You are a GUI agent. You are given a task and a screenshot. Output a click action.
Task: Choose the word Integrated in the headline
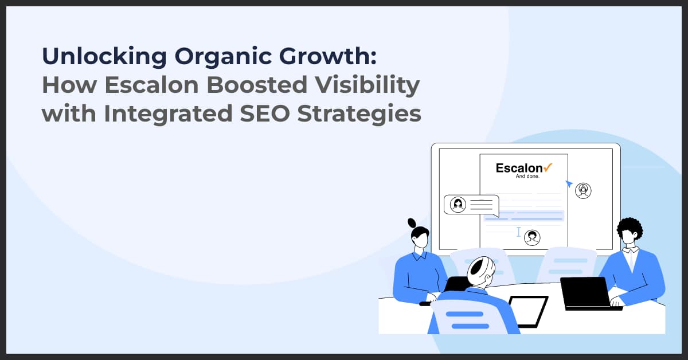[166, 114]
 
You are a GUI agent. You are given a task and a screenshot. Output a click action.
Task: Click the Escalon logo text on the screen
[519, 168]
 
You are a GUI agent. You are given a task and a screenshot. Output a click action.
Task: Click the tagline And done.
[523, 177]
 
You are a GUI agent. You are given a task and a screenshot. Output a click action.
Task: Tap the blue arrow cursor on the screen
[569, 183]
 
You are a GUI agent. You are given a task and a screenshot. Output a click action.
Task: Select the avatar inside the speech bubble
[458, 205]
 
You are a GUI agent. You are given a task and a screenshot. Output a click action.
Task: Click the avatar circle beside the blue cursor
[583, 190]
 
